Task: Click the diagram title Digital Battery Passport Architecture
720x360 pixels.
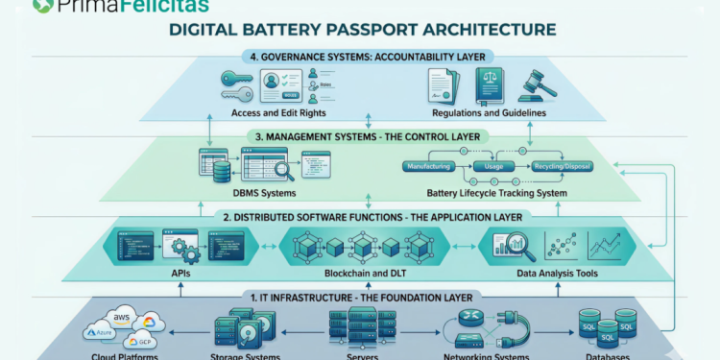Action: (361, 30)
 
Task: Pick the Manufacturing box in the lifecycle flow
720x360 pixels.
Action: (429, 166)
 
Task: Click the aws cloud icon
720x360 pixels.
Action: (122, 318)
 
